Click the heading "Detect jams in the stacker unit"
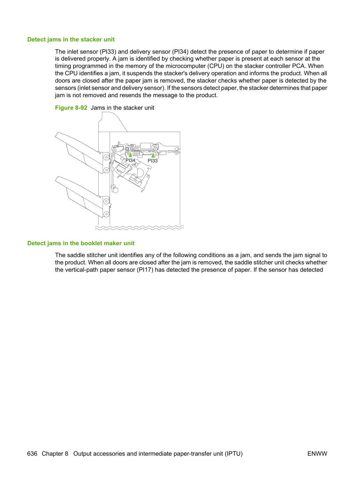71,39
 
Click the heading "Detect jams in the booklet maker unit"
81,243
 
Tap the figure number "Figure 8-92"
71,108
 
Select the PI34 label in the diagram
130,160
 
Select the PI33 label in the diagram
153,161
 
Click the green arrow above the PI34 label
131,155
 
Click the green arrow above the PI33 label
153,155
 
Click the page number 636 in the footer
32,454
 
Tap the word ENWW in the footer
317,454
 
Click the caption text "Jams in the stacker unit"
122,108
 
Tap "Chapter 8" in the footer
55,454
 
